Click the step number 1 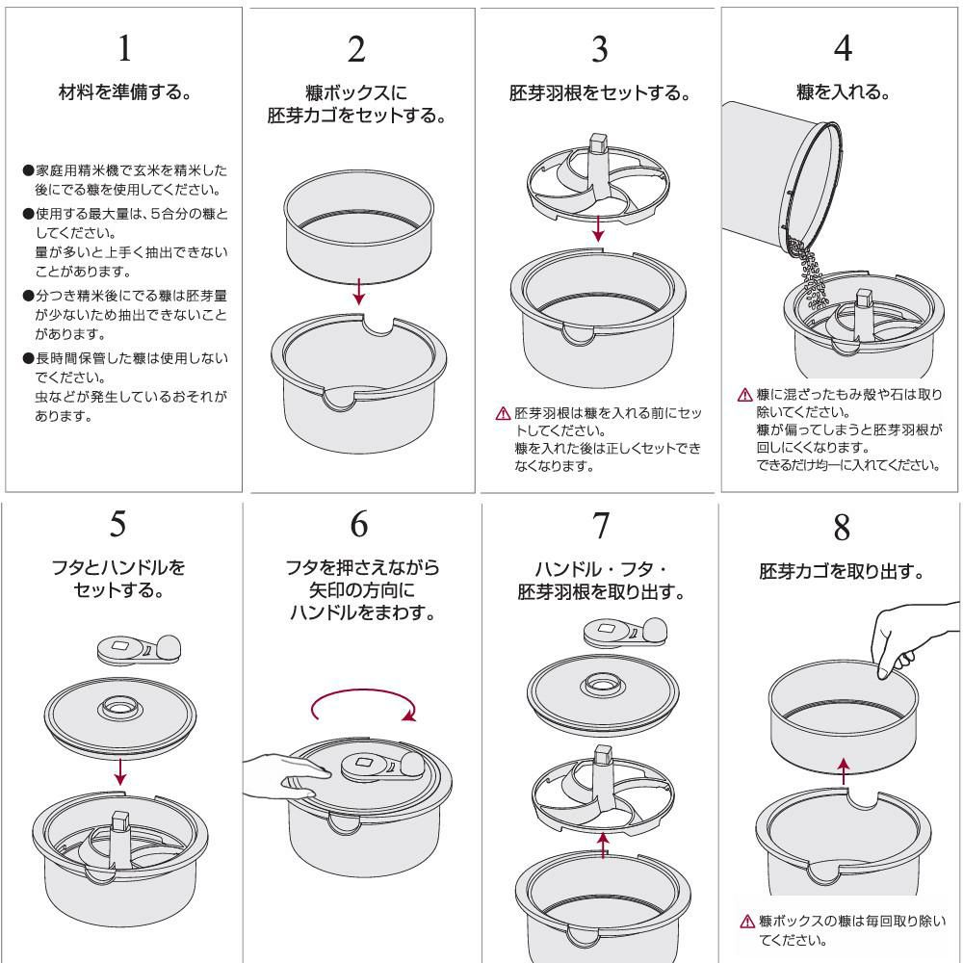point(124,48)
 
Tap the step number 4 point(843,48)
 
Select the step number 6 point(359,524)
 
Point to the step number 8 point(842,528)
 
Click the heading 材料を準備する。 point(124,92)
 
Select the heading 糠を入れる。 point(843,92)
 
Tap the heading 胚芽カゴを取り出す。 point(842,572)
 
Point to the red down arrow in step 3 point(598,228)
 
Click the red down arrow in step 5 point(120,772)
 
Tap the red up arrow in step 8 point(844,770)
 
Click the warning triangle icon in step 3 point(503,413)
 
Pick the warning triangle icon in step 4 point(744,395)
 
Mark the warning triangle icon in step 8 point(747,922)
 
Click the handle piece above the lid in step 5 point(140,650)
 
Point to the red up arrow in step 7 point(603,846)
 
